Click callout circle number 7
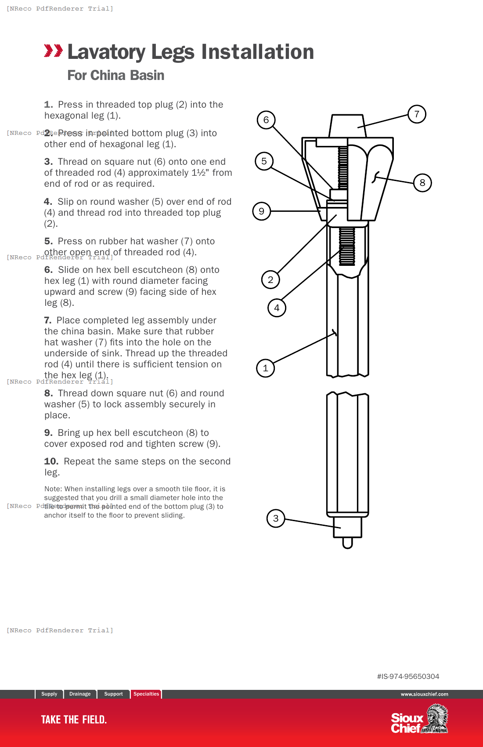[x=417, y=114]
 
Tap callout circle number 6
[x=266, y=120]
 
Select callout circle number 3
[x=276, y=519]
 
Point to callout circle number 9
[x=262, y=211]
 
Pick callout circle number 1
[x=265, y=368]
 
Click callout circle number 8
[x=422, y=183]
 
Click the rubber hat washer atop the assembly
[x=347, y=126]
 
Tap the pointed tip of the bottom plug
[x=347, y=544]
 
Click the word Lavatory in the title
[x=107, y=52]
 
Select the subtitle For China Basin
[x=115, y=76]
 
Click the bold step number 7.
[x=47, y=320]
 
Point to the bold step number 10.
[x=51, y=461]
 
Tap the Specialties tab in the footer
[x=146, y=694]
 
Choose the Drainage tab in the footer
[x=80, y=694]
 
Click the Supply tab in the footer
[x=49, y=694]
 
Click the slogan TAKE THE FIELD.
[x=74, y=720]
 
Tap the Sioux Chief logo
[x=419, y=719]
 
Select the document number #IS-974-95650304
[x=408, y=677]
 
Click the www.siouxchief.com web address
[x=424, y=694]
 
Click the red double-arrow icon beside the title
[x=53, y=51]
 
